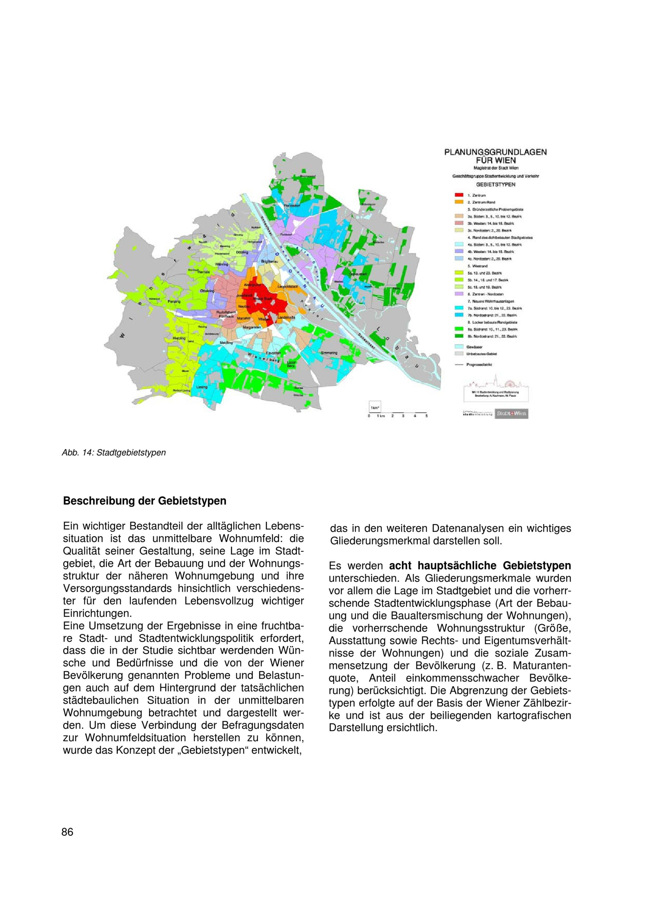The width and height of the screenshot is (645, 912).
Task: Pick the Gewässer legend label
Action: click(x=472, y=347)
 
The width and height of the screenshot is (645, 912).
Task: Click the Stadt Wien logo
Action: click(x=511, y=413)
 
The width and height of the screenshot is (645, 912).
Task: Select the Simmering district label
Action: click(x=329, y=353)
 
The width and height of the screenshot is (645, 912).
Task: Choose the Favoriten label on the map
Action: click(x=273, y=353)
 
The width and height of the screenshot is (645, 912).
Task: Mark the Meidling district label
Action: click(x=226, y=342)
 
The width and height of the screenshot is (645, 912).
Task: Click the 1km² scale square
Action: click(x=375, y=407)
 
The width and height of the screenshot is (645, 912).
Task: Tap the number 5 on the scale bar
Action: click(x=426, y=416)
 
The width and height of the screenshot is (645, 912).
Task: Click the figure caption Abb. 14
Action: click(x=114, y=452)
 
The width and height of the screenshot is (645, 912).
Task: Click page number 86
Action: click(x=67, y=832)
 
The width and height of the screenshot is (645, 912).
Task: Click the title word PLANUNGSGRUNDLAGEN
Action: click(x=495, y=152)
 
